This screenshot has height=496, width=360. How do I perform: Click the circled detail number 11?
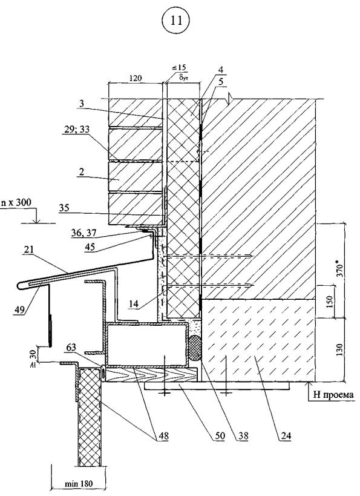point(176,21)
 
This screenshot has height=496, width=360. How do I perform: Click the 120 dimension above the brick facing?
point(136,78)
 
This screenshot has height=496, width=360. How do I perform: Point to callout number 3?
point(81,103)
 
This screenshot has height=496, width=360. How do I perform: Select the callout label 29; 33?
point(76,130)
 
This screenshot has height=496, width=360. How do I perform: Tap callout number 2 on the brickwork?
point(81,172)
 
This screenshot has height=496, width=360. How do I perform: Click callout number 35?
point(64,208)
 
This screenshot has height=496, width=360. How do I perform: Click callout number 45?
point(91,246)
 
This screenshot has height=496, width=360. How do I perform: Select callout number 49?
point(19,309)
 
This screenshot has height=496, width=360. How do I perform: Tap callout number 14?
point(134,303)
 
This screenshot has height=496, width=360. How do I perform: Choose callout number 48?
point(163,436)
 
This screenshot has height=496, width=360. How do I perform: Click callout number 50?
point(220,436)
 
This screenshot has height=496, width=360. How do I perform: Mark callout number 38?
point(243,436)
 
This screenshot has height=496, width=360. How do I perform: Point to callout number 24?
point(286,436)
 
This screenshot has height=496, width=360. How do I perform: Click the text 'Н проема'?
point(333,394)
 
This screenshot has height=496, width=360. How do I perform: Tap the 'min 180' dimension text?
point(79,484)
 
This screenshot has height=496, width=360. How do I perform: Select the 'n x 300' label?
point(16,202)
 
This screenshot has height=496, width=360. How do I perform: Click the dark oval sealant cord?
point(195,348)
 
